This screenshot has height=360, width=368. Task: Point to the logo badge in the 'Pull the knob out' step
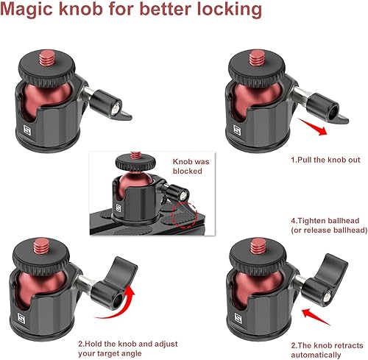242,127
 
